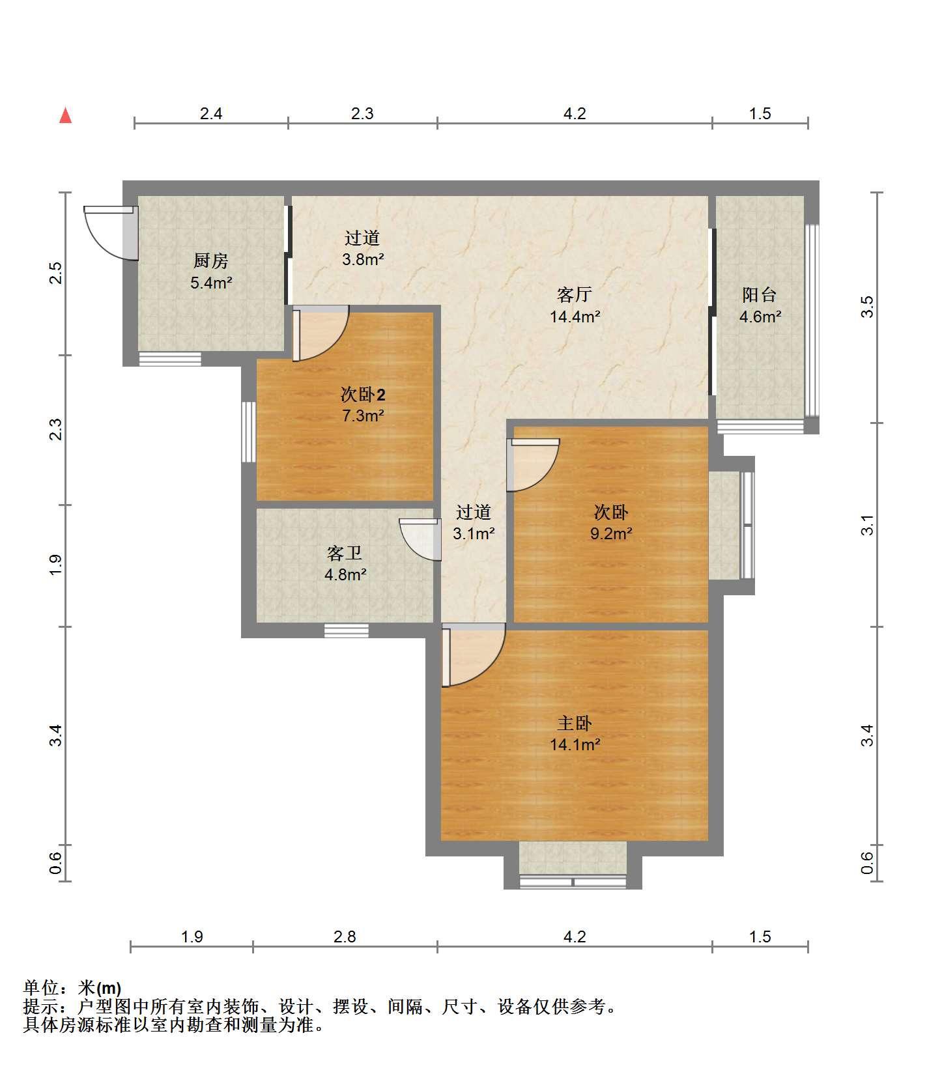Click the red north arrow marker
pyautogui.click(x=65, y=115)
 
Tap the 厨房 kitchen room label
pyautogui.click(x=210, y=261)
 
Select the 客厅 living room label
pyautogui.click(x=574, y=295)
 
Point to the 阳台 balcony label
pyautogui.click(x=759, y=295)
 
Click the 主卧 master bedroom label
pyautogui.click(x=574, y=723)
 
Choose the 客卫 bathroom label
pyautogui.click(x=344, y=554)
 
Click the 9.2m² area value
pyautogui.click(x=611, y=534)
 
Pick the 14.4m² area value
pyautogui.click(x=575, y=317)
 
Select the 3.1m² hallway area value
pyautogui.click(x=474, y=534)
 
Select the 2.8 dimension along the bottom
pyautogui.click(x=345, y=936)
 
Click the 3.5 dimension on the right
pyautogui.click(x=867, y=307)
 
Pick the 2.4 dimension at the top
pyautogui.click(x=211, y=114)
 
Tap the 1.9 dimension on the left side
pyautogui.click(x=56, y=565)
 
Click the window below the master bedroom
pyautogui.click(x=573, y=882)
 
